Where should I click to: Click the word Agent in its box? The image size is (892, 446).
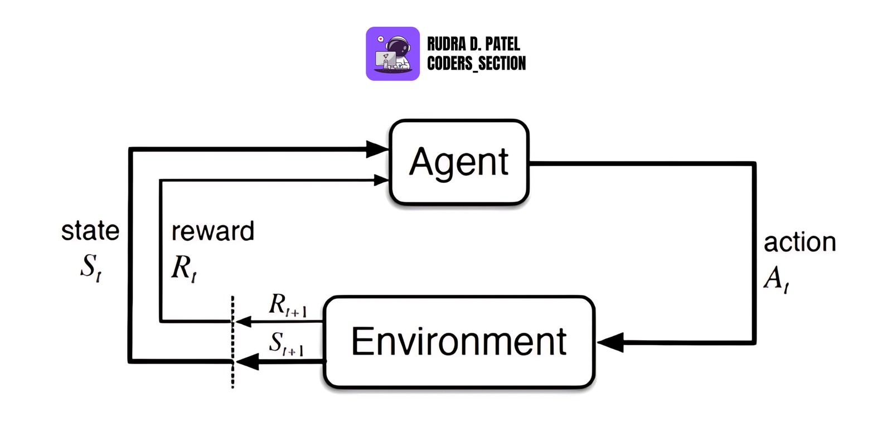point(459,162)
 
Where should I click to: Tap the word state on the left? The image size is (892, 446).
point(90,231)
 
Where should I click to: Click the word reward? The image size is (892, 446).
point(212,231)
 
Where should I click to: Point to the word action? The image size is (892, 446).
point(799,243)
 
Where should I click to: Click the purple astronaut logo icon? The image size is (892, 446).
point(392,54)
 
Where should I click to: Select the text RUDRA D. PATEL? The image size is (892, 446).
point(473,44)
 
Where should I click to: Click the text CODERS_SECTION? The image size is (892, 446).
point(476,64)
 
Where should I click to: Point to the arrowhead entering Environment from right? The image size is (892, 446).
point(609,342)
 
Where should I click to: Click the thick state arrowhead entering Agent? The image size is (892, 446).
point(377,149)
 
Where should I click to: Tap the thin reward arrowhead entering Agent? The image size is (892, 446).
point(381,180)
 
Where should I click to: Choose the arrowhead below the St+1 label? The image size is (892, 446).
point(247,362)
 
